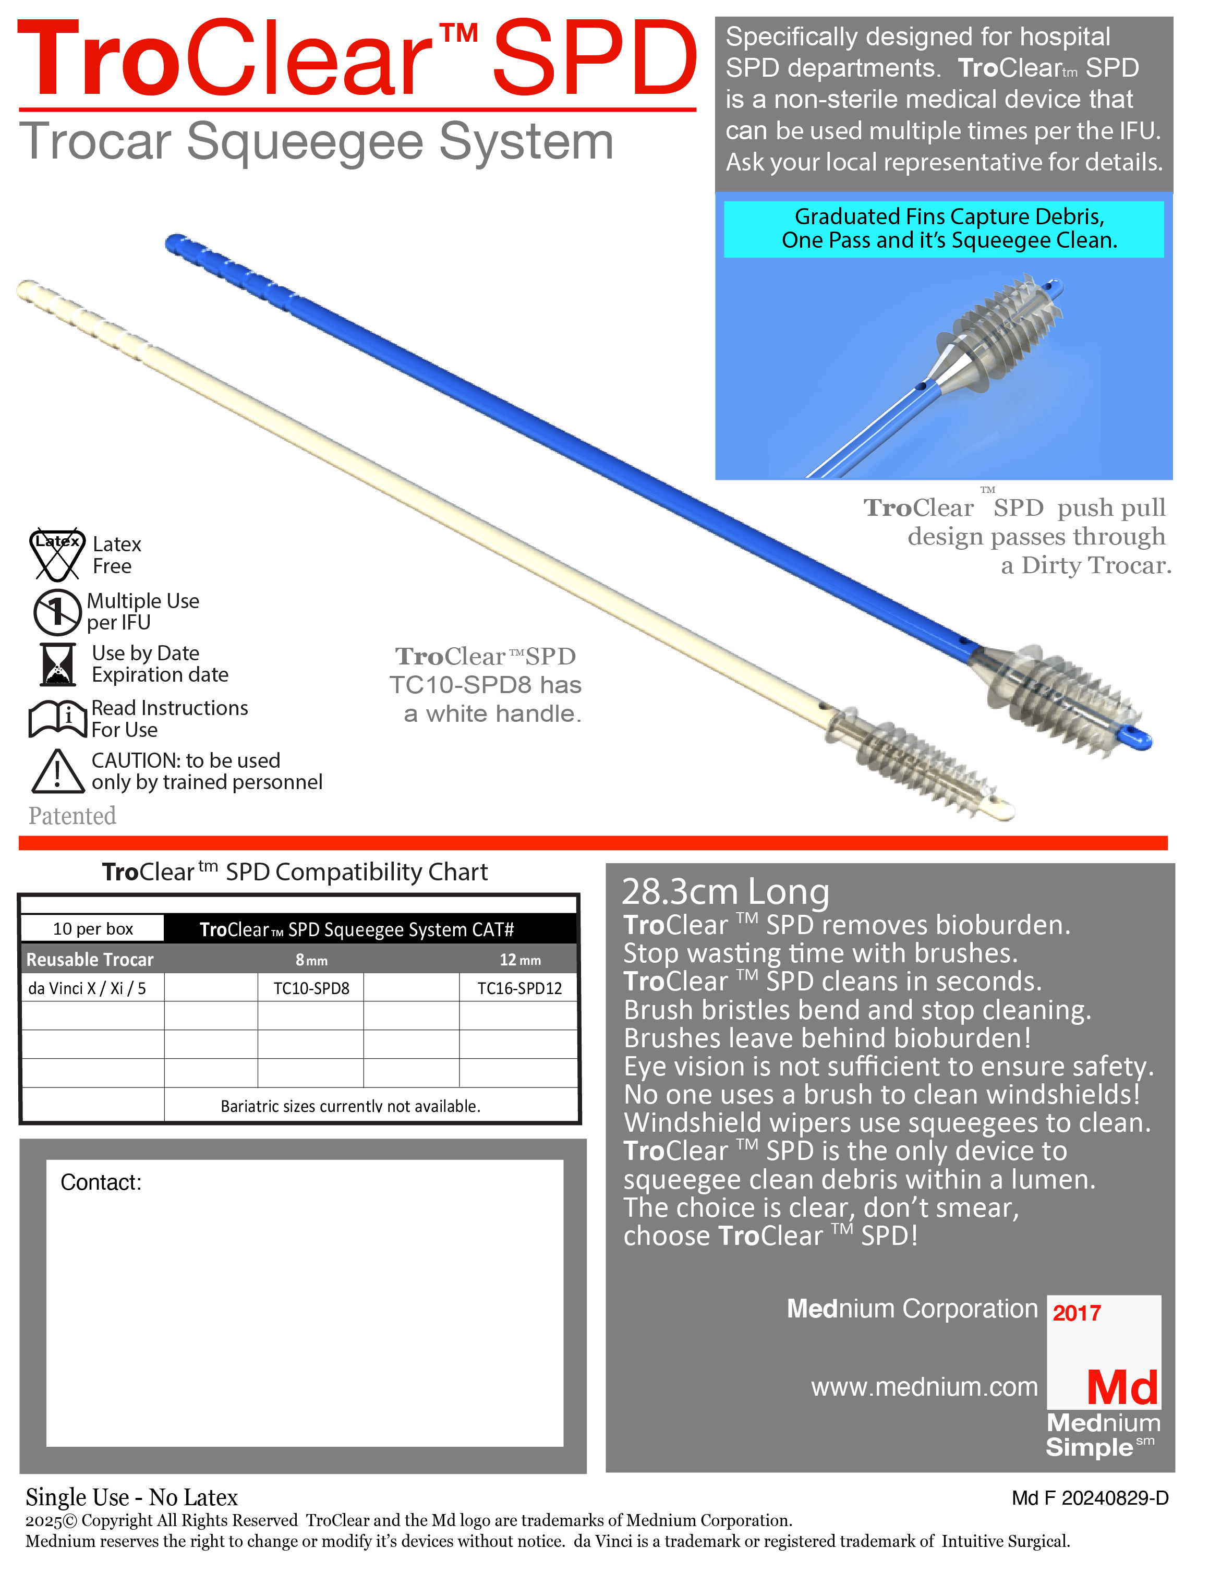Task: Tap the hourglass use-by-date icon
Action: tap(57, 664)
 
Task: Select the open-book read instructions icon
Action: tap(57, 718)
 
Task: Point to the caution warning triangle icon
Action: tap(57, 771)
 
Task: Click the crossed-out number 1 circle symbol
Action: tap(57, 612)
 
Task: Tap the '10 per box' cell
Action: tap(93, 929)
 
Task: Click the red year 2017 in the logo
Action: tap(1076, 1313)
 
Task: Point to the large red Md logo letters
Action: tap(1122, 1388)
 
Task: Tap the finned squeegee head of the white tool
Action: tap(921, 766)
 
